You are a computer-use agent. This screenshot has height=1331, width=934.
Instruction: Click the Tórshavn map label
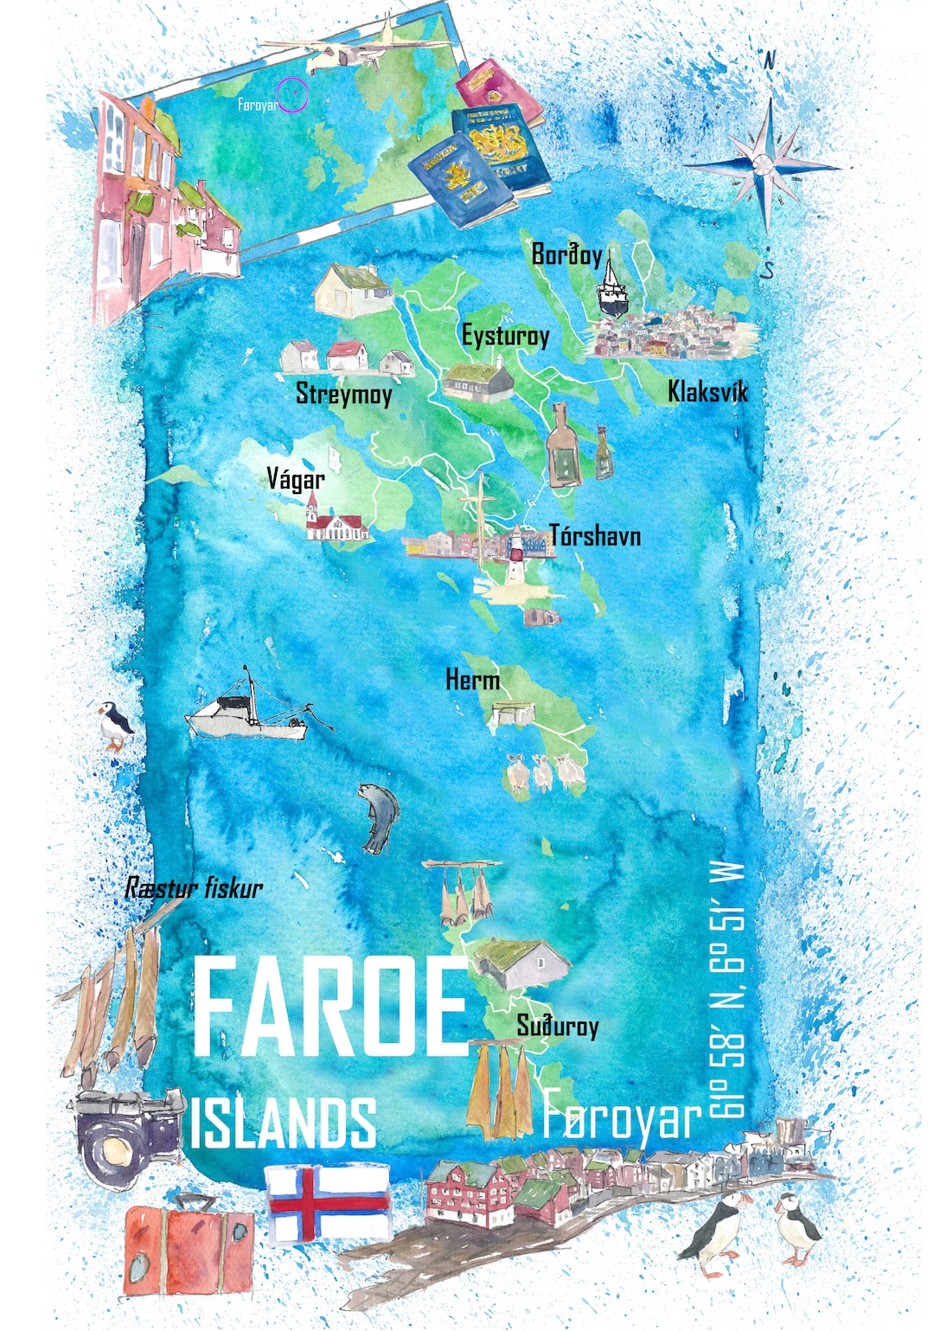pyautogui.click(x=595, y=536)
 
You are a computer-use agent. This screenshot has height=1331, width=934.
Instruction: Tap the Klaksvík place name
pyautogui.click(x=707, y=392)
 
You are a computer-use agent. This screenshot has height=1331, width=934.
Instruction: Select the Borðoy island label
pyautogui.click(x=566, y=254)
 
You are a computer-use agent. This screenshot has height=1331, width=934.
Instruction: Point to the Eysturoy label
pyautogui.click(x=505, y=336)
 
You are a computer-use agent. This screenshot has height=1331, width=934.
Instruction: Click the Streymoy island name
pyautogui.click(x=344, y=394)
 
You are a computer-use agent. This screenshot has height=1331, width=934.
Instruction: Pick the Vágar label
pyautogui.click(x=296, y=479)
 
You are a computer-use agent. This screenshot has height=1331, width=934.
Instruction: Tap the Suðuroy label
pyautogui.click(x=558, y=1026)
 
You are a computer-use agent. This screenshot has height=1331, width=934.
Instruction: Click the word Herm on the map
pyautogui.click(x=472, y=680)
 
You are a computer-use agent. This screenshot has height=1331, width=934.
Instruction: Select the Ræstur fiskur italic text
pyautogui.click(x=194, y=888)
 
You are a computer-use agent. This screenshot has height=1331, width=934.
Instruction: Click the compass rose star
pyautogui.click(x=765, y=164)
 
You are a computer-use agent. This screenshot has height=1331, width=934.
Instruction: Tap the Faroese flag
pyautogui.click(x=328, y=1203)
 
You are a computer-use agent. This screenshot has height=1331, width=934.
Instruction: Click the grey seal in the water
pyautogui.click(x=379, y=818)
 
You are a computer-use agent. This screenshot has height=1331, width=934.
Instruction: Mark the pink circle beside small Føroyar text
pyautogui.click(x=293, y=95)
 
